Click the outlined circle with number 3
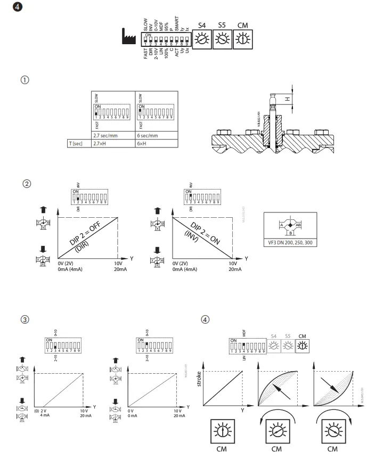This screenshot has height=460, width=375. [x=25, y=320]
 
